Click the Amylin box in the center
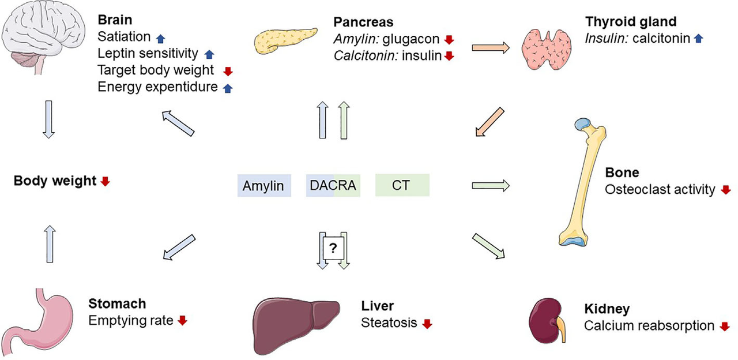coord(263,186)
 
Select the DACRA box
coord(333,186)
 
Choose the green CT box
coord(402,186)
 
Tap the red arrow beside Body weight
coord(105,182)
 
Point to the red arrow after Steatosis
coord(427,324)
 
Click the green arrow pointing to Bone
coord(490,186)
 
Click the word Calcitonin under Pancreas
coord(357,56)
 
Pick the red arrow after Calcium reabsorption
coord(725,327)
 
